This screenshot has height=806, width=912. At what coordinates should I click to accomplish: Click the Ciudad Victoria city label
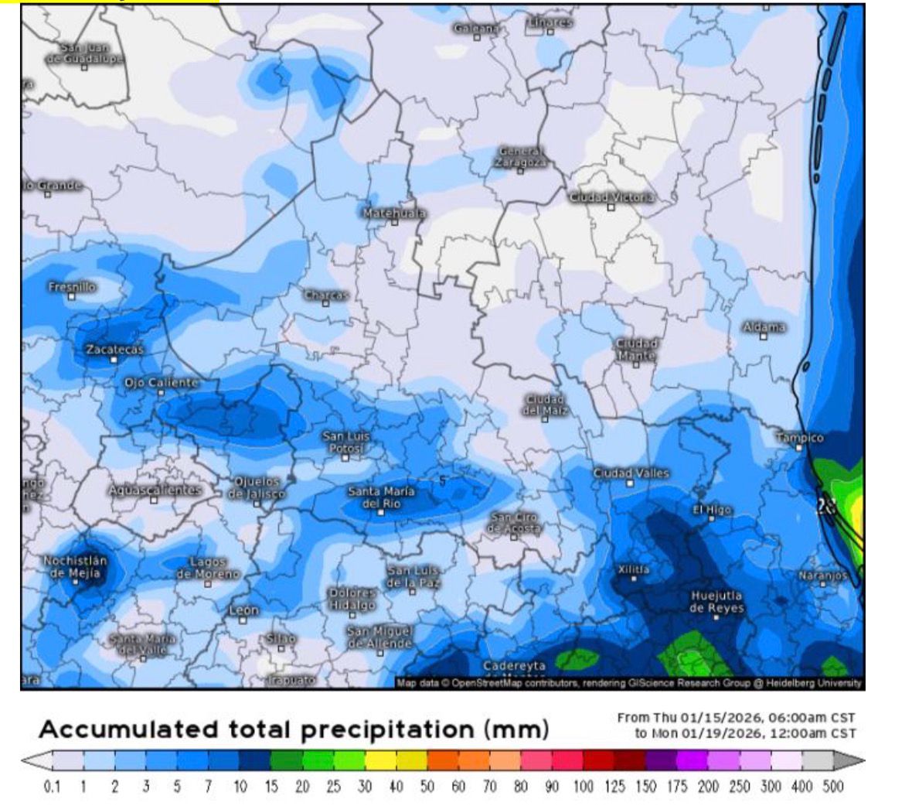[611, 198]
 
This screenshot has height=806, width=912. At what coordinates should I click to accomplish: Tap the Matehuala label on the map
[394, 212]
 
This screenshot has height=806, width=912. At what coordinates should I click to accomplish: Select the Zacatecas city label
[114, 350]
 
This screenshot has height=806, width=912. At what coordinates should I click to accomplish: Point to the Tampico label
[799, 438]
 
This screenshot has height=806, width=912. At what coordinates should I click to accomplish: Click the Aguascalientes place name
[155, 490]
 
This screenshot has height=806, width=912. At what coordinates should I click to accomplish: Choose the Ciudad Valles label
[631, 473]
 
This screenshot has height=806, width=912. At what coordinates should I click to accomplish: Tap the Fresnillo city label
[72, 287]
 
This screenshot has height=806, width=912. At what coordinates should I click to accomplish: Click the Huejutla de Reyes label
[716, 602]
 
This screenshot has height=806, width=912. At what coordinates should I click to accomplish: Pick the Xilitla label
[634, 569]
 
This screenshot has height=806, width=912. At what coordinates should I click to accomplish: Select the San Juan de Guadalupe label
[84, 54]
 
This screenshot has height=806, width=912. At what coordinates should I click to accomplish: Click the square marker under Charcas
[325, 304]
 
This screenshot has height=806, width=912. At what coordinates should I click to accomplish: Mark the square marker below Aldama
[764, 336]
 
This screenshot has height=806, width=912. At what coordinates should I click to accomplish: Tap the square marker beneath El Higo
[712, 520]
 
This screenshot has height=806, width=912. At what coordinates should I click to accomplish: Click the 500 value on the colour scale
[832, 787]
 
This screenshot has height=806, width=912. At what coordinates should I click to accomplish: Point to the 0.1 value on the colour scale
[52, 787]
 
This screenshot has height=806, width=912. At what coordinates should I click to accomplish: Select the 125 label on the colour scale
[614, 787]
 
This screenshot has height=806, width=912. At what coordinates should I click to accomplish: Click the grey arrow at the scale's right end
[844, 761]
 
